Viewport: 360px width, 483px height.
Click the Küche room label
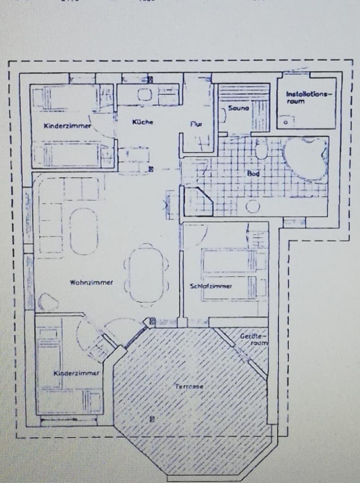pos(142,122)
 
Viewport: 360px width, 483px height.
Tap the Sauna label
pos(238,108)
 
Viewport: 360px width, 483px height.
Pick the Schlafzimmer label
pos(211,286)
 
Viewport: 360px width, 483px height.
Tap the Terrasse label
pos(188,386)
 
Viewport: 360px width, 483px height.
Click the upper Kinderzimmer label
pos(67,126)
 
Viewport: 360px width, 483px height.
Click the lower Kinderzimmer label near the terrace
pos(76,373)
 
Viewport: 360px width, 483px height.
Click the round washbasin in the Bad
pos(253,206)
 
